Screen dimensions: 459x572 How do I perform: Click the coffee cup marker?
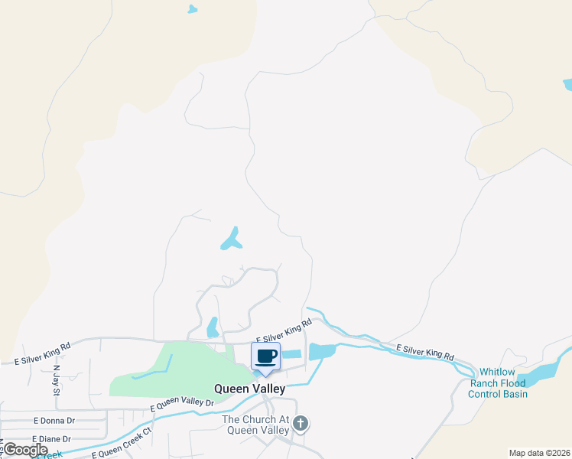tap(265, 356)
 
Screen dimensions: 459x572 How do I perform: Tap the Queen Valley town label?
tap(249, 389)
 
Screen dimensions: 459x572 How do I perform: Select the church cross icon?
tap(301, 424)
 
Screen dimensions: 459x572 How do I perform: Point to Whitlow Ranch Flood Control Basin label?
tap(498, 382)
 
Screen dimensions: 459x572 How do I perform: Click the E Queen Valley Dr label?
tap(182, 403)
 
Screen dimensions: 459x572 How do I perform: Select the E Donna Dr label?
tap(54, 421)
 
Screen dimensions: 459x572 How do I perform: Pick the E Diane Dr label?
tap(52, 439)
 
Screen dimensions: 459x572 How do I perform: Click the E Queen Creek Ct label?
tap(122, 444)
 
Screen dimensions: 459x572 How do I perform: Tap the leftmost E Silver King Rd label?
tap(43, 353)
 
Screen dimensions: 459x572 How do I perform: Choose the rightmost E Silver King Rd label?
tap(425, 353)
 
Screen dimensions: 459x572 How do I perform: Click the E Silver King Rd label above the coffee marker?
tap(279, 334)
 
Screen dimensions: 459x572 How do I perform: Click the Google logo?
tap(25, 450)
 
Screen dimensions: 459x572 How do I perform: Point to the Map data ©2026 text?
tap(539, 453)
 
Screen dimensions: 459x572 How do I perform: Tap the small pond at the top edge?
tap(192, 10)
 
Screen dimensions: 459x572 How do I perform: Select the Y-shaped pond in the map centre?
tap(232, 240)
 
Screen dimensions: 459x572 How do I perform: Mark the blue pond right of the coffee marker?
tap(321, 352)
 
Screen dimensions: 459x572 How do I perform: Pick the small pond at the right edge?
tap(567, 84)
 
